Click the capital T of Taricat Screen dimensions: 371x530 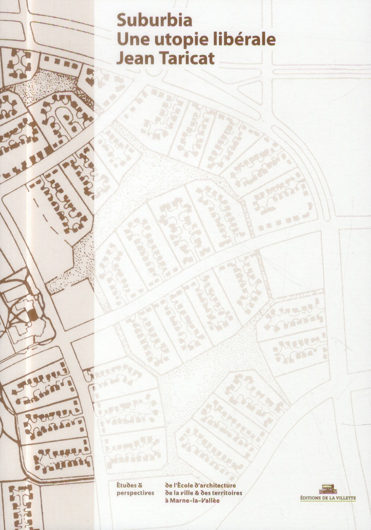point(164,58)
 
